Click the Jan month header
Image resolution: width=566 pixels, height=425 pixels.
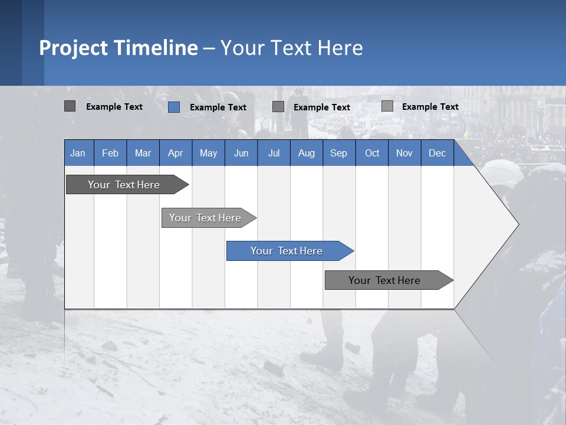[x=78, y=153]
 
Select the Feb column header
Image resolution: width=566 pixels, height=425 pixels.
[x=110, y=153]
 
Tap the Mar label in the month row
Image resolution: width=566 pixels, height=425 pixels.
[x=143, y=153]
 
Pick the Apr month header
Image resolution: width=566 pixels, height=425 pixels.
[x=176, y=153]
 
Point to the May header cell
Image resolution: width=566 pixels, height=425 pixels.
[x=208, y=153]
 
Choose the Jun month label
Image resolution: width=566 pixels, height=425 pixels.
[x=241, y=153]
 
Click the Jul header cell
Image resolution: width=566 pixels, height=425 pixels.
[x=274, y=153]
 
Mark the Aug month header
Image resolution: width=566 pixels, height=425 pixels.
[x=307, y=153]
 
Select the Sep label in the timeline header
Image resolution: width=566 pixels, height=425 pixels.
[x=339, y=153]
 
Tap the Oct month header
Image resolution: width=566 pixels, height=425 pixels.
[x=372, y=153]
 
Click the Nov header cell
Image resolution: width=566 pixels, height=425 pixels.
[x=404, y=153]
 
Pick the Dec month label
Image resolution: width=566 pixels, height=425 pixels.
[x=437, y=153]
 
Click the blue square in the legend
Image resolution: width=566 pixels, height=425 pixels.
[x=174, y=107]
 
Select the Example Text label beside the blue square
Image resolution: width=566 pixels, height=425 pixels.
[x=218, y=107]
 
